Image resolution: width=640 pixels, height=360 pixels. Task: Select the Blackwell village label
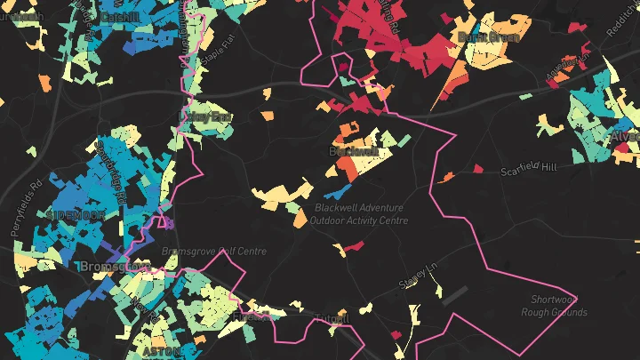pyautogui.click(x=353, y=152)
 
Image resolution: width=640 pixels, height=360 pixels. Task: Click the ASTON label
pyautogui.click(x=160, y=352)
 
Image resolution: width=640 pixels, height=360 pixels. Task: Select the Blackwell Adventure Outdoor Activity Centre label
pyautogui.click(x=359, y=214)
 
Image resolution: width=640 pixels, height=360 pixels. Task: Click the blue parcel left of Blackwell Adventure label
pyautogui.click(x=335, y=190)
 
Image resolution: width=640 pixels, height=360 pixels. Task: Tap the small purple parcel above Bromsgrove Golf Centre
pyautogui.click(x=164, y=221)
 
